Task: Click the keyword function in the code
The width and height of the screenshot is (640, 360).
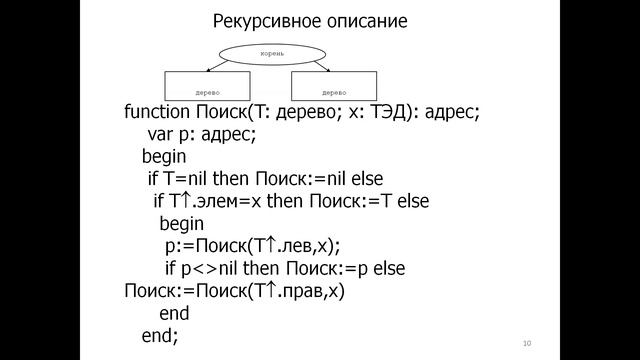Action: [x=155, y=112]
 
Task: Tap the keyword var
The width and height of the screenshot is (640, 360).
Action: [x=159, y=134]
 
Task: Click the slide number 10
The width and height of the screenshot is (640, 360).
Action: [x=526, y=344]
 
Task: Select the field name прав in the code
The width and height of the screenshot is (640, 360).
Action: [x=299, y=291]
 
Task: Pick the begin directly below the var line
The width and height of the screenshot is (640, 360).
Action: [x=163, y=157]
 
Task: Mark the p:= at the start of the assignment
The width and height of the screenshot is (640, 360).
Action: [x=176, y=246]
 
